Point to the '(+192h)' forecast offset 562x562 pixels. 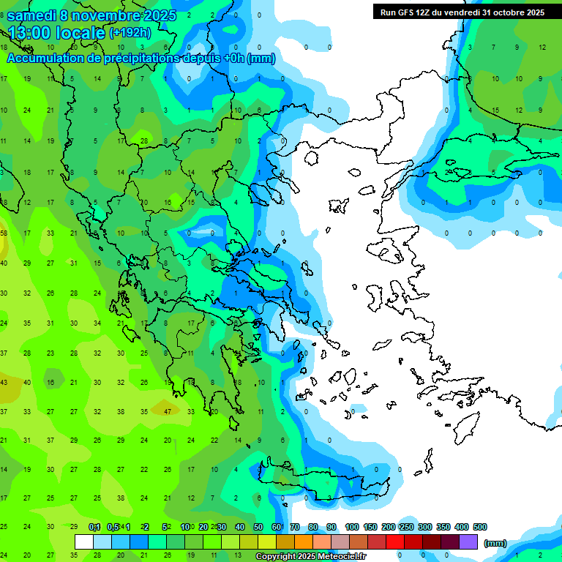pyautogui.click(x=130, y=32)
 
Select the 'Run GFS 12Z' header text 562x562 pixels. pyautogui.click(x=406, y=12)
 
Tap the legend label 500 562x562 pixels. pyautogui.click(x=479, y=527)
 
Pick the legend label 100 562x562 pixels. pyautogui.click(x=351, y=527)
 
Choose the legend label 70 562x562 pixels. pyautogui.click(x=295, y=527)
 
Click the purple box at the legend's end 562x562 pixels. pyautogui.click(x=468, y=542)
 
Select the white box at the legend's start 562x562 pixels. pyautogui.click(x=84, y=542)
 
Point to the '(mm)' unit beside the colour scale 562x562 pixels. pyautogui.click(x=495, y=543)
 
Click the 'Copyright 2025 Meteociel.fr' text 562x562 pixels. pyautogui.click(x=310, y=557)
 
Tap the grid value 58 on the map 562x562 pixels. pyautogui.click(x=4, y=233)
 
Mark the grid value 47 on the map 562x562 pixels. pyautogui.click(x=168, y=411)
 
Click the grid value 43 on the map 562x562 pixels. pyautogui.click(x=4, y=382)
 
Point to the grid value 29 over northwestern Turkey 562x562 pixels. pyautogui.click(x=449, y=172)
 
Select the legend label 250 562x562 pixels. pyautogui.click(x=406, y=527)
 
